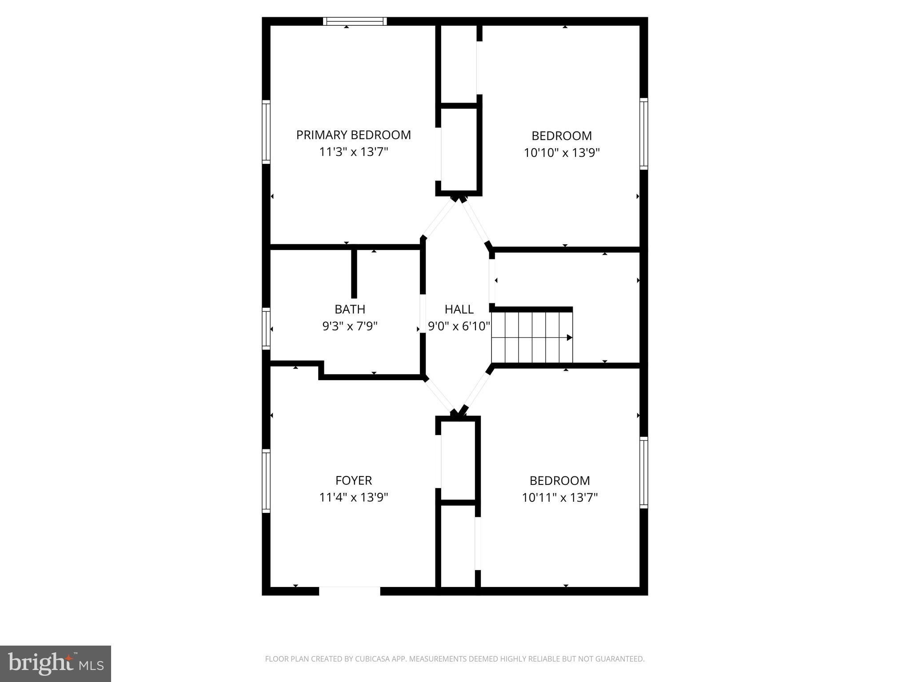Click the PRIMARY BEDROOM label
pos(353,135)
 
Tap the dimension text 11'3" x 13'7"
pos(353,152)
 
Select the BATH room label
pos(350,309)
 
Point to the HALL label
pos(459,309)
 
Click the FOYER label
pos(353,480)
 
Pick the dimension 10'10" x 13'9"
pos(562,153)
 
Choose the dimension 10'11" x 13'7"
pos(559,497)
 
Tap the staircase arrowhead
pos(569,337)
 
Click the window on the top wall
pos(355,21)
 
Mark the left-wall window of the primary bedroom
pos(266,131)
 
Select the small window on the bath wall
pos(266,328)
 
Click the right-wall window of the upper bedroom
pos(643,133)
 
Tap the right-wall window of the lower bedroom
pos(643,472)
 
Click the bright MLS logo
pos(55,663)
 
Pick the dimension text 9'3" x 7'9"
pos(350,326)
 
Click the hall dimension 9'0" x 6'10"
pos(459,326)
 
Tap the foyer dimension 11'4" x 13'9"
pos(353,497)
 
